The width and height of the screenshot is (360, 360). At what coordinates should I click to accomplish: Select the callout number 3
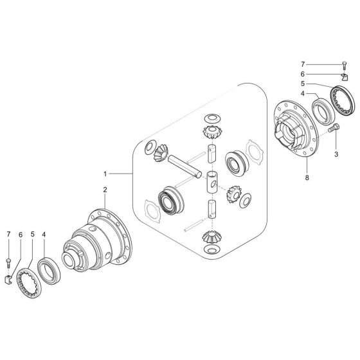click(336, 154)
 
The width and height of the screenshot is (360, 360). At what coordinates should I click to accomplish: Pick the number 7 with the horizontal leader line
click(304, 64)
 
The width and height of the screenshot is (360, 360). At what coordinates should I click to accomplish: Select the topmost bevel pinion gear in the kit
click(210, 134)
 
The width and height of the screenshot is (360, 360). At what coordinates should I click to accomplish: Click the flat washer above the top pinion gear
click(210, 120)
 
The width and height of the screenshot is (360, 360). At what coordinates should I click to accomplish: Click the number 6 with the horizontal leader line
click(304, 74)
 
